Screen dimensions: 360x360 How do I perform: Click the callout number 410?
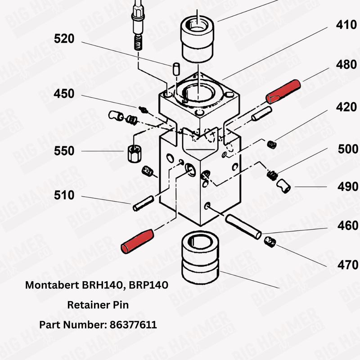(x=346, y=25)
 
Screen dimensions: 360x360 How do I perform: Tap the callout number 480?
(x=346, y=65)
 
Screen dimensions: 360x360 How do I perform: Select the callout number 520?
(x=64, y=39)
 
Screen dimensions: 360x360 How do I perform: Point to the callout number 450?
(x=64, y=94)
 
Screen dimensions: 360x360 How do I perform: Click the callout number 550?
(x=64, y=151)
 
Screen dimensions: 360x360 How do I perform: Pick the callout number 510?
(x=64, y=196)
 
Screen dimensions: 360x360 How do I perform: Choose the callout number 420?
(x=346, y=108)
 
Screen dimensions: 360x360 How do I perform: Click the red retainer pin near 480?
(x=283, y=90)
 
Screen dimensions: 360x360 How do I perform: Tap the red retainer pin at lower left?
(x=137, y=240)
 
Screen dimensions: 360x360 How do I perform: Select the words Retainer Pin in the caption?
(x=98, y=305)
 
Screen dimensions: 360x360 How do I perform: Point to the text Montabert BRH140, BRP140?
(x=97, y=285)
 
